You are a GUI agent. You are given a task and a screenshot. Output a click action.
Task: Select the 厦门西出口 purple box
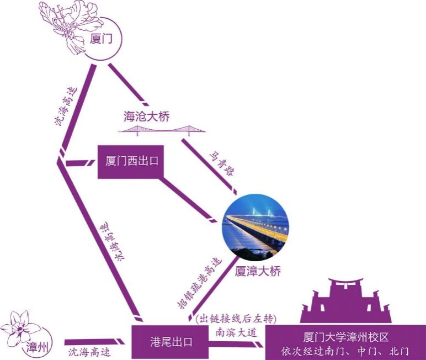pyautogui.click(x=131, y=162)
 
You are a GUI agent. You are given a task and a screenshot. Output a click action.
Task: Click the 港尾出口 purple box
pyautogui.click(x=171, y=342)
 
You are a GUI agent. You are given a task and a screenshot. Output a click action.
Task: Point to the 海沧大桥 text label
pyautogui.click(x=146, y=117)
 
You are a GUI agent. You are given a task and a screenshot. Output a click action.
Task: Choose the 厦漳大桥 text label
pyautogui.click(x=258, y=271)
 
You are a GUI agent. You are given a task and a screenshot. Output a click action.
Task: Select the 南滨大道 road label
pyautogui.click(x=236, y=332)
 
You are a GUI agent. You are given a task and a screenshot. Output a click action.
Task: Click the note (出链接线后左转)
pyautogui.click(x=235, y=319)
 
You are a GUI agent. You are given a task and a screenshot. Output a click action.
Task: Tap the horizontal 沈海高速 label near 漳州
pyautogui.click(x=89, y=352)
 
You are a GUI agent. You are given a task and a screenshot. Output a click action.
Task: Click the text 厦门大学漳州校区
pyautogui.click(x=345, y=337)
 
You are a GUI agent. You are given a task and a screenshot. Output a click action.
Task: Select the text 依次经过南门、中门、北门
pyautogui.click(x=345, y=351)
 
